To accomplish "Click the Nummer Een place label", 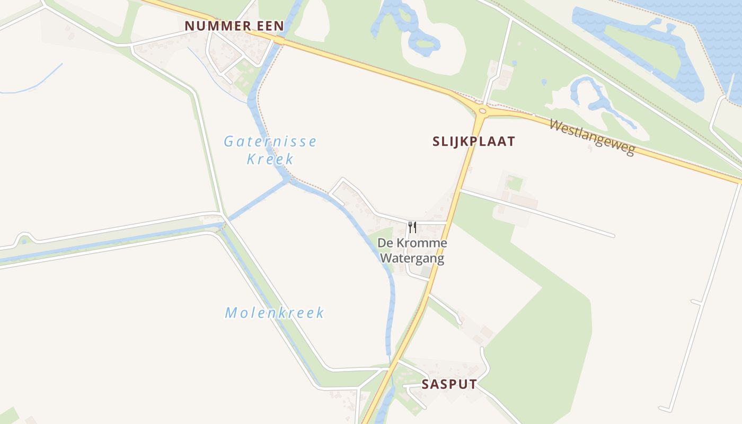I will pyautogui.click(x=234, y=26).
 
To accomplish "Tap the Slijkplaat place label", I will pyautogui.click(x=473, y=142).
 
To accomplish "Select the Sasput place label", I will pyautogui.click(x=449, y=384).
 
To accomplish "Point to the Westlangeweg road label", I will pyautogui.click(x=591, y=137).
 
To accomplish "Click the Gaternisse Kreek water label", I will pyautogui.click(x=270, y=150).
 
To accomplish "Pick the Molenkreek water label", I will pyautogui.click(x=275, y=313).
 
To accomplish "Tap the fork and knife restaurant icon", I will pyautogui.click(x=412, y=227).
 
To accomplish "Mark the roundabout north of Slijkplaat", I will pyautogui.click(x=482, y=111).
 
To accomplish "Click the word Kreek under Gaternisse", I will pyautogui.click(x=270, y=159).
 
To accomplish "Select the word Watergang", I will pyautogui.click(x=412, y=259).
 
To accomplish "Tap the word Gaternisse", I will pyautogui.click(x=270, y=142).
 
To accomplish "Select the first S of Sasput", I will pyautogui.click(x=425, y=384).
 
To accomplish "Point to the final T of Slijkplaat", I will pyautogui.click(x=510, y=142).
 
